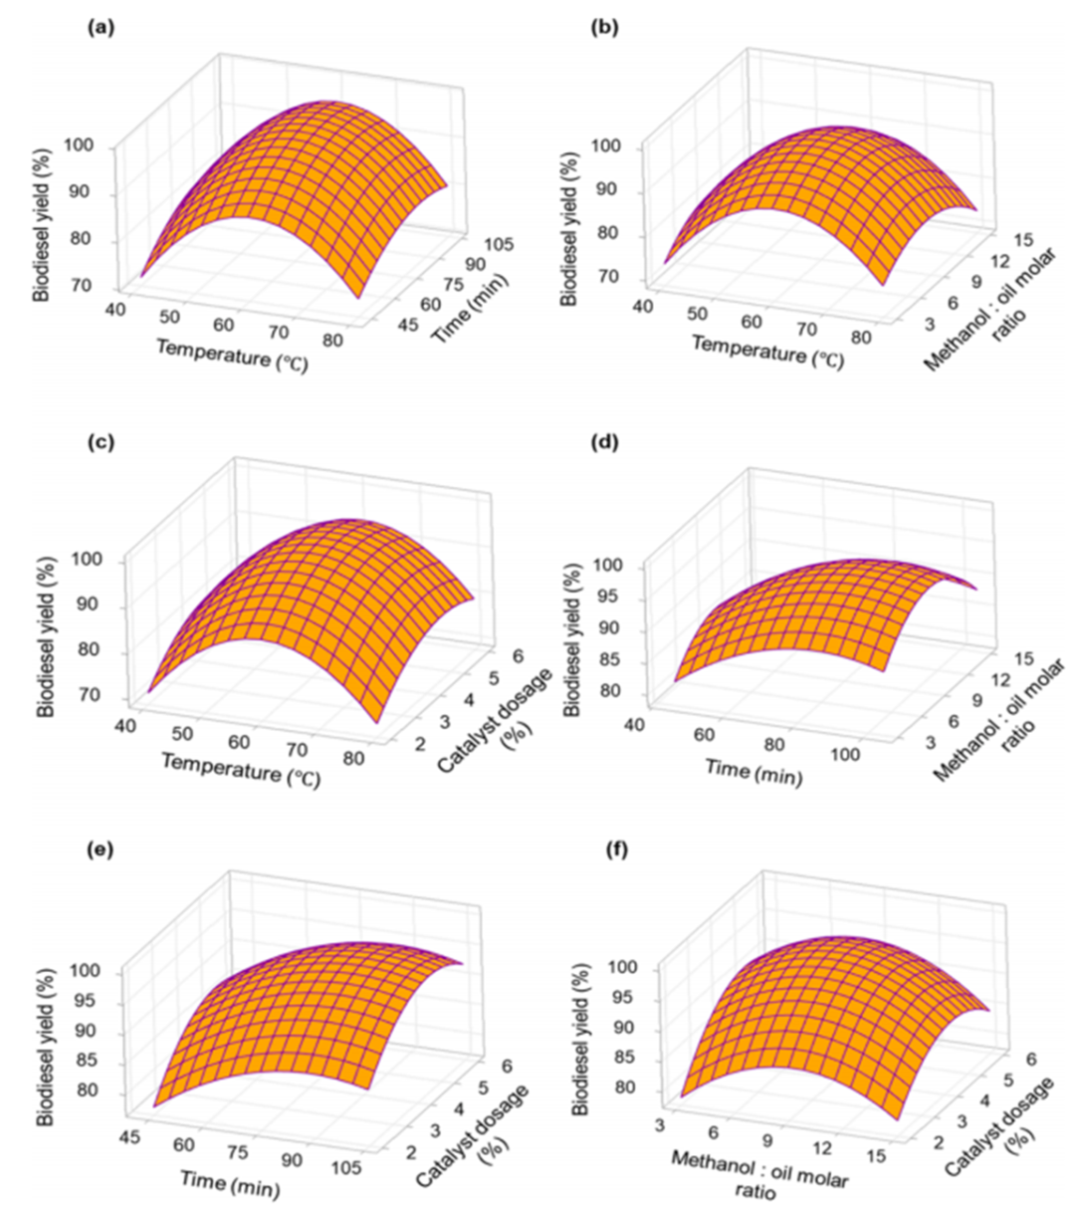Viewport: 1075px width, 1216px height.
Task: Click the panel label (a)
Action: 99,29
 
